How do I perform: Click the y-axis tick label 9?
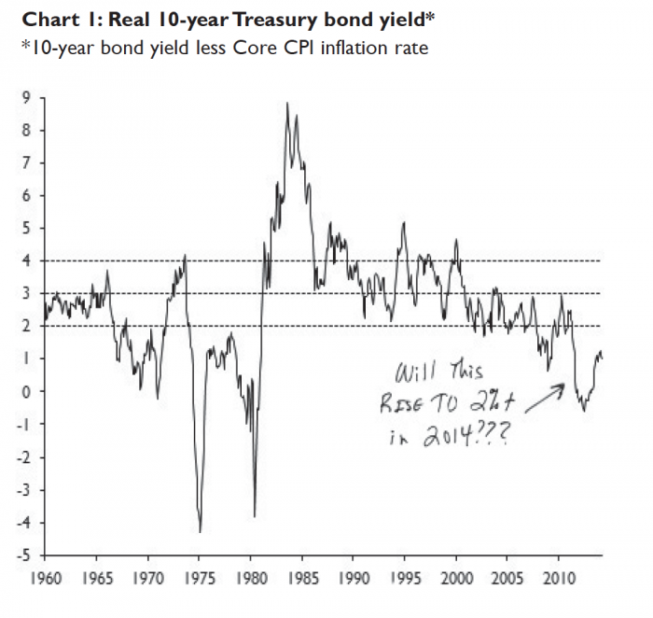tap(26, 97)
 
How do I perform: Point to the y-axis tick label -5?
tap(24, 555)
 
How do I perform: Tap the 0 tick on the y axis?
tap(26, 391)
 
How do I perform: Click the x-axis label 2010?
tap(559, 579)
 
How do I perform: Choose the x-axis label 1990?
tap(354, 579)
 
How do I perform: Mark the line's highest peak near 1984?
tap(286, 103)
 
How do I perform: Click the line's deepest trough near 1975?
tap(201, 532)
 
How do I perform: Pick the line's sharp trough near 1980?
tap(255, 516)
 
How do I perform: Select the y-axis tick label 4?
tap(26, 260)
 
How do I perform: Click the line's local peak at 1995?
tap(403, 222)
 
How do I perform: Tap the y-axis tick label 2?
tap(26, 326)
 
